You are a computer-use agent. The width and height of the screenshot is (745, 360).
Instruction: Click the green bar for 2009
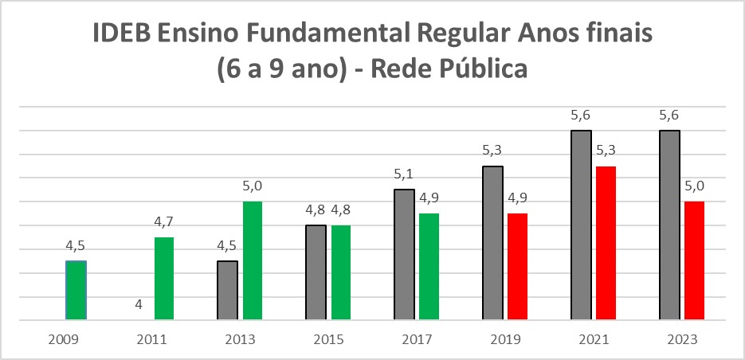76,291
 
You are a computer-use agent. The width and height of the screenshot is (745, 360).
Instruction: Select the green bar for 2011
164,279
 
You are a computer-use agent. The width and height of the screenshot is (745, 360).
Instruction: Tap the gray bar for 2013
228,291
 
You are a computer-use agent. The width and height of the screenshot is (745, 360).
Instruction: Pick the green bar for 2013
253,261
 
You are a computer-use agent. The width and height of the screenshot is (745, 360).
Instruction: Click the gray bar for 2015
316,273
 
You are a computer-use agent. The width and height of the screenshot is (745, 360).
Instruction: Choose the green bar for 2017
429,267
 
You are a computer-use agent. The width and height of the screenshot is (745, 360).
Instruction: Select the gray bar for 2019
493,243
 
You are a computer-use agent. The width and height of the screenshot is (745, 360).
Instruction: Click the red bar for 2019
518,267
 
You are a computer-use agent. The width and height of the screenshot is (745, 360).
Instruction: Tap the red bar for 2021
606,243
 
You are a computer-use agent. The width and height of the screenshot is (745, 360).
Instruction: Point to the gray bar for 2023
670,225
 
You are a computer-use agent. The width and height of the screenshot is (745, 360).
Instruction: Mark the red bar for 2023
695,261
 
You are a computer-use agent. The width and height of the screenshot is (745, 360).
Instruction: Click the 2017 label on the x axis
417,340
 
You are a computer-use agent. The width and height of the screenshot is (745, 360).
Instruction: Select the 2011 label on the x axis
151,340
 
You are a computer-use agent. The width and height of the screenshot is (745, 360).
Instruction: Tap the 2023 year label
682,340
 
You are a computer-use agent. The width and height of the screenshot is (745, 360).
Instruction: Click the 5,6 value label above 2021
581,116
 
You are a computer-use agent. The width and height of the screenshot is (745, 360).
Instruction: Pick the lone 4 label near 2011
139,305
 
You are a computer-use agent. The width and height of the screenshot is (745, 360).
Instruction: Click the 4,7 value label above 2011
164,224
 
